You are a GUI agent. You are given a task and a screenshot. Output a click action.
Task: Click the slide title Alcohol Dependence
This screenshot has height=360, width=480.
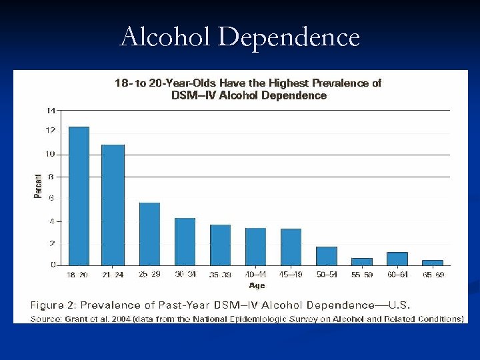(239, 37)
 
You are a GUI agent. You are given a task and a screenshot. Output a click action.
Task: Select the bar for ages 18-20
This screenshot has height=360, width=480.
(79, 196)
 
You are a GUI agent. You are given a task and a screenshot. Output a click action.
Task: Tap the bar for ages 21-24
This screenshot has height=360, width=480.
(113, 205)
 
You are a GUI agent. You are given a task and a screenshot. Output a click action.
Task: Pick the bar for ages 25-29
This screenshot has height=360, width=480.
(149, 234)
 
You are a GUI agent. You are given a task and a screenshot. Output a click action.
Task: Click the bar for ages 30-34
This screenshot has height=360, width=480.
(185, 241)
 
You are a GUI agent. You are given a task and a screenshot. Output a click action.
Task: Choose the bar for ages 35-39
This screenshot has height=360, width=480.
(220, 245)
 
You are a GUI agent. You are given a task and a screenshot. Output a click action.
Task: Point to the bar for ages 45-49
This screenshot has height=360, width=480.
(291, 247)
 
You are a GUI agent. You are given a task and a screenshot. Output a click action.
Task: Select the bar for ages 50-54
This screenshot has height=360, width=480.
(326, 256)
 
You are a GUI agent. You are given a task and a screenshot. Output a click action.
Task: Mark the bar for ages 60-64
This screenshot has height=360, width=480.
(397, 259)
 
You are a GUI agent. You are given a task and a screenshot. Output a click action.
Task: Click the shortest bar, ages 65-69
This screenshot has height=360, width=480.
(432, 263)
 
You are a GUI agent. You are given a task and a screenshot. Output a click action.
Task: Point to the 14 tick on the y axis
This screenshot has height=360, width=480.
(51, 110)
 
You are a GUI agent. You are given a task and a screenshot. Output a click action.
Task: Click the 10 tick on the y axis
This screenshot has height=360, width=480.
(51, 154)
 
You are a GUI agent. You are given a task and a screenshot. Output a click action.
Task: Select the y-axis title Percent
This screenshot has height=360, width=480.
(38, 186)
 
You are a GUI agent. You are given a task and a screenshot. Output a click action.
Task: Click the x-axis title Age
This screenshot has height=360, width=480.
(257, 285)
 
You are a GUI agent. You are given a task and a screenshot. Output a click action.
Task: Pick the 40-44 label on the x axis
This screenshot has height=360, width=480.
(255, 275)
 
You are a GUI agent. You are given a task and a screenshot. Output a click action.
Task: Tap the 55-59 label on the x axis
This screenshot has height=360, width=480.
(361, 275)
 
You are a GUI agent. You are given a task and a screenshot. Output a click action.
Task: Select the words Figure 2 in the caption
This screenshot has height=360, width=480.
(55, 305)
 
